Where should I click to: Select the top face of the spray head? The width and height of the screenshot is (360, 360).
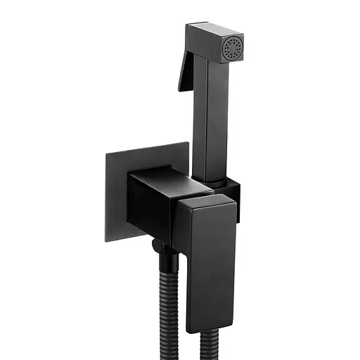coord(214,33)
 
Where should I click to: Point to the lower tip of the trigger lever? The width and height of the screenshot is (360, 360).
coord(180,90)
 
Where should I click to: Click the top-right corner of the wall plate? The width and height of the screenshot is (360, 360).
coord(189,143)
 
